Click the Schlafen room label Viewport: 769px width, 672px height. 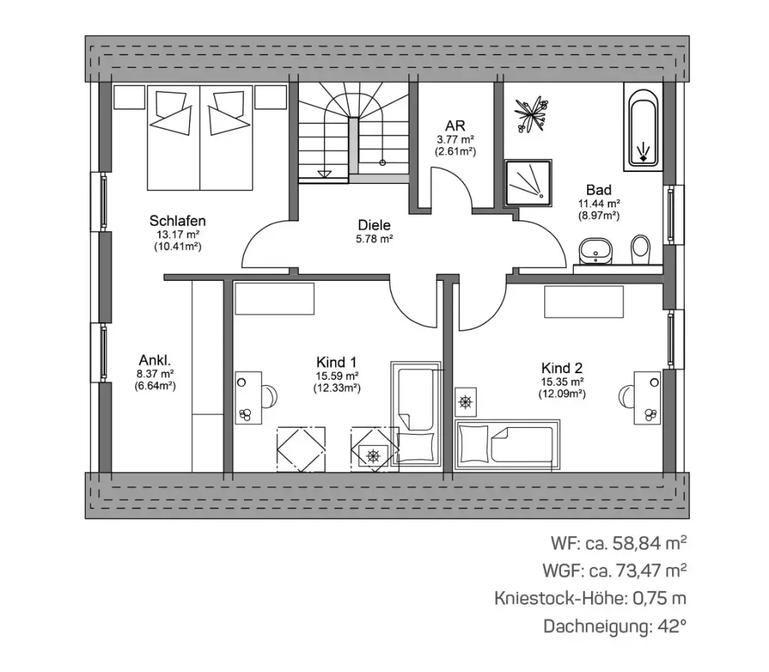point(177,221)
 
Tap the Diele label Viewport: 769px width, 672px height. point(374,225)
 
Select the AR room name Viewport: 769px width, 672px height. point(455,125)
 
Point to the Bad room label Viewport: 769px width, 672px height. point(599,190)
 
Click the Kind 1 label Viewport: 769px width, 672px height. point(336,363)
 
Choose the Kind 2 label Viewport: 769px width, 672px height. point(562,368)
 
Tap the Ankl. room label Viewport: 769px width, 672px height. point(155,360)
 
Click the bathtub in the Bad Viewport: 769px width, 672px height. point(643,127)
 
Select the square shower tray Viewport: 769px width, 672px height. point(529,182)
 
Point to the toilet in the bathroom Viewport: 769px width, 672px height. point(640,249)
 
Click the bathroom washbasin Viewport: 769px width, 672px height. point(596,251)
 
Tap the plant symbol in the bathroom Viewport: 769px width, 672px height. point(531,114)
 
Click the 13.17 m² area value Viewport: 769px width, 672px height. point(177,234)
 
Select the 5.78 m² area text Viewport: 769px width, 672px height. point(374,239)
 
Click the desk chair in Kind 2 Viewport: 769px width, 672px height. point(626,396)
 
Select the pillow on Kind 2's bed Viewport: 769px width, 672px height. point(473,444)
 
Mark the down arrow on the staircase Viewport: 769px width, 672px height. point(324,173)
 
